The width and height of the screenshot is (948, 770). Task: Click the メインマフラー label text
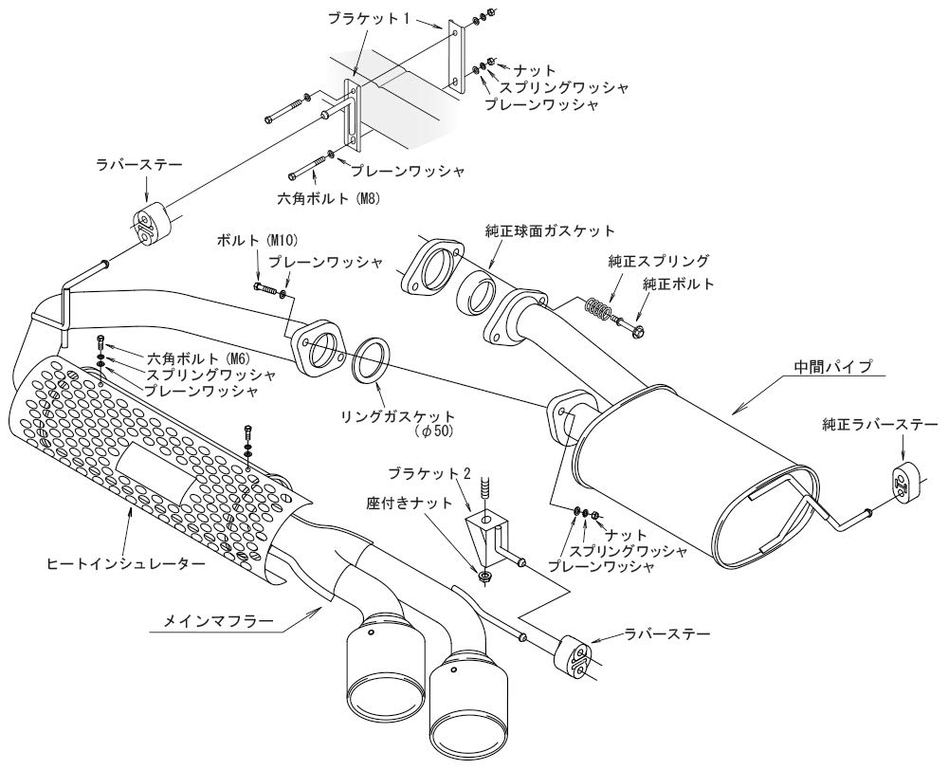(x=212, y=622)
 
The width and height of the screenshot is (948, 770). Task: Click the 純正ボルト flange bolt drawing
(x=636, y=329)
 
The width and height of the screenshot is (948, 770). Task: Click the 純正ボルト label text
(x=675, y=284)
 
